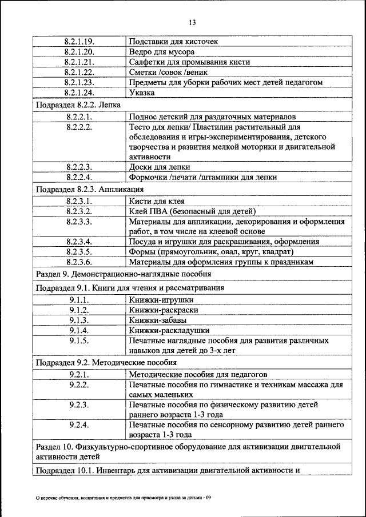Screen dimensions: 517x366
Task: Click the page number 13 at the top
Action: click(x=192, y=22)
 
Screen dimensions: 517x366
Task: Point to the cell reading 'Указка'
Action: click(x=142, y=93)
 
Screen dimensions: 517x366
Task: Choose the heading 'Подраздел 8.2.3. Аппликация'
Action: click(x=89, y=189)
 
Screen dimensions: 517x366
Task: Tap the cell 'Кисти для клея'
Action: click(x=157, y=201)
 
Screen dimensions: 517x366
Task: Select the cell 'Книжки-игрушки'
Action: click(x=161, y=299)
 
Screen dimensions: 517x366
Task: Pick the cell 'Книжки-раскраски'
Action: click(x=164, y=310)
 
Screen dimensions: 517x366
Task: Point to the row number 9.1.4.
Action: click(x=79, y=330)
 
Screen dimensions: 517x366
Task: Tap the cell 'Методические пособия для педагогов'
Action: click(x=198, y=375)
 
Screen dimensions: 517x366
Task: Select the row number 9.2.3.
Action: click(x=79, y=405)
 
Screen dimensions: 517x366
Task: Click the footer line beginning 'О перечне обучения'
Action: click(x=123, y=498)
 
